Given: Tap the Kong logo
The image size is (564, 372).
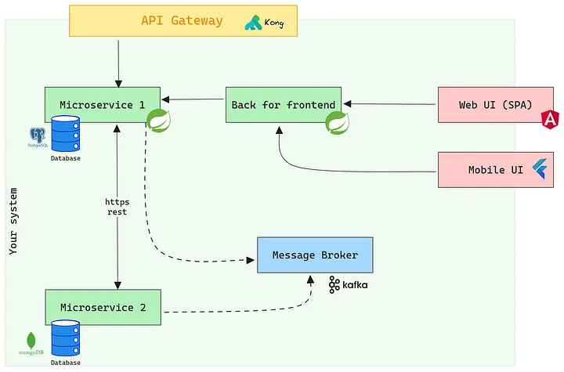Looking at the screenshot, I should point(264,23).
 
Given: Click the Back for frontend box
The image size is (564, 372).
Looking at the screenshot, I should point(283,104).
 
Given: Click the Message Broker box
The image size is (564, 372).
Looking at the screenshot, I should point(315,255).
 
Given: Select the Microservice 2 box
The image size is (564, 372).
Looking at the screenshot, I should point(103,307).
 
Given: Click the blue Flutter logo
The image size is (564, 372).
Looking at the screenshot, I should point(539,168).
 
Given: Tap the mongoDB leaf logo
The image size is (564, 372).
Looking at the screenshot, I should point(31,341).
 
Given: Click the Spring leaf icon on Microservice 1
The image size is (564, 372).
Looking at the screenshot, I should point(159,121).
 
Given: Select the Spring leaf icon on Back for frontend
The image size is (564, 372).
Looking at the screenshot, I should point(338,121).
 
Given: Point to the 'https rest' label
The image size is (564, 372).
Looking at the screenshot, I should point(117,207).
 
